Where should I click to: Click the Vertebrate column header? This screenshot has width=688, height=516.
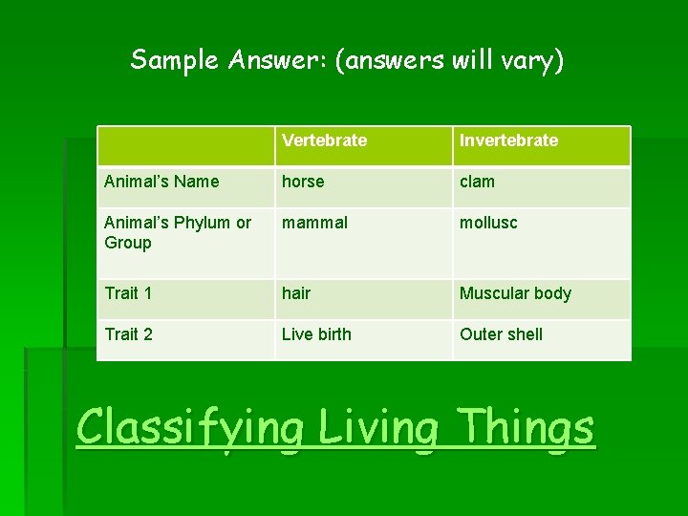point(324,140)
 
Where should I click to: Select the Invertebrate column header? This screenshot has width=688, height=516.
point(508,140)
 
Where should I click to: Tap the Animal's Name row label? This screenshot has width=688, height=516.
point(161,182)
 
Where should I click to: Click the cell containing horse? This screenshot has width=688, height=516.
point(303,182)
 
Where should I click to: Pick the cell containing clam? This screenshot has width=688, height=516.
point(477,182)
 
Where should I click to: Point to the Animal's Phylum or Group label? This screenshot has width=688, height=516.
point(177,232)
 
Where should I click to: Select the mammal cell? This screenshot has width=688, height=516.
point(314,223)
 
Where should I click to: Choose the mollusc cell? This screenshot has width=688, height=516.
point(488,223)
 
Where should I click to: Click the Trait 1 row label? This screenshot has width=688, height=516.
point(128,293)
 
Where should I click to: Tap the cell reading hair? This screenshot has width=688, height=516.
point(296,293)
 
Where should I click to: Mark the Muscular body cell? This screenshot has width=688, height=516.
point(515,293)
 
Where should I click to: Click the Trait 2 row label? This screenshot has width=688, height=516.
point(128,334)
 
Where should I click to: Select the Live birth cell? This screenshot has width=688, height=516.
point(316,334)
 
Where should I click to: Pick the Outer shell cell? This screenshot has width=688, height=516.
point(501,334)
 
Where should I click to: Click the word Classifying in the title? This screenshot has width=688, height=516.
point(190,427)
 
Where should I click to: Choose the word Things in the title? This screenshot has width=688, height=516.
point(526,427)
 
